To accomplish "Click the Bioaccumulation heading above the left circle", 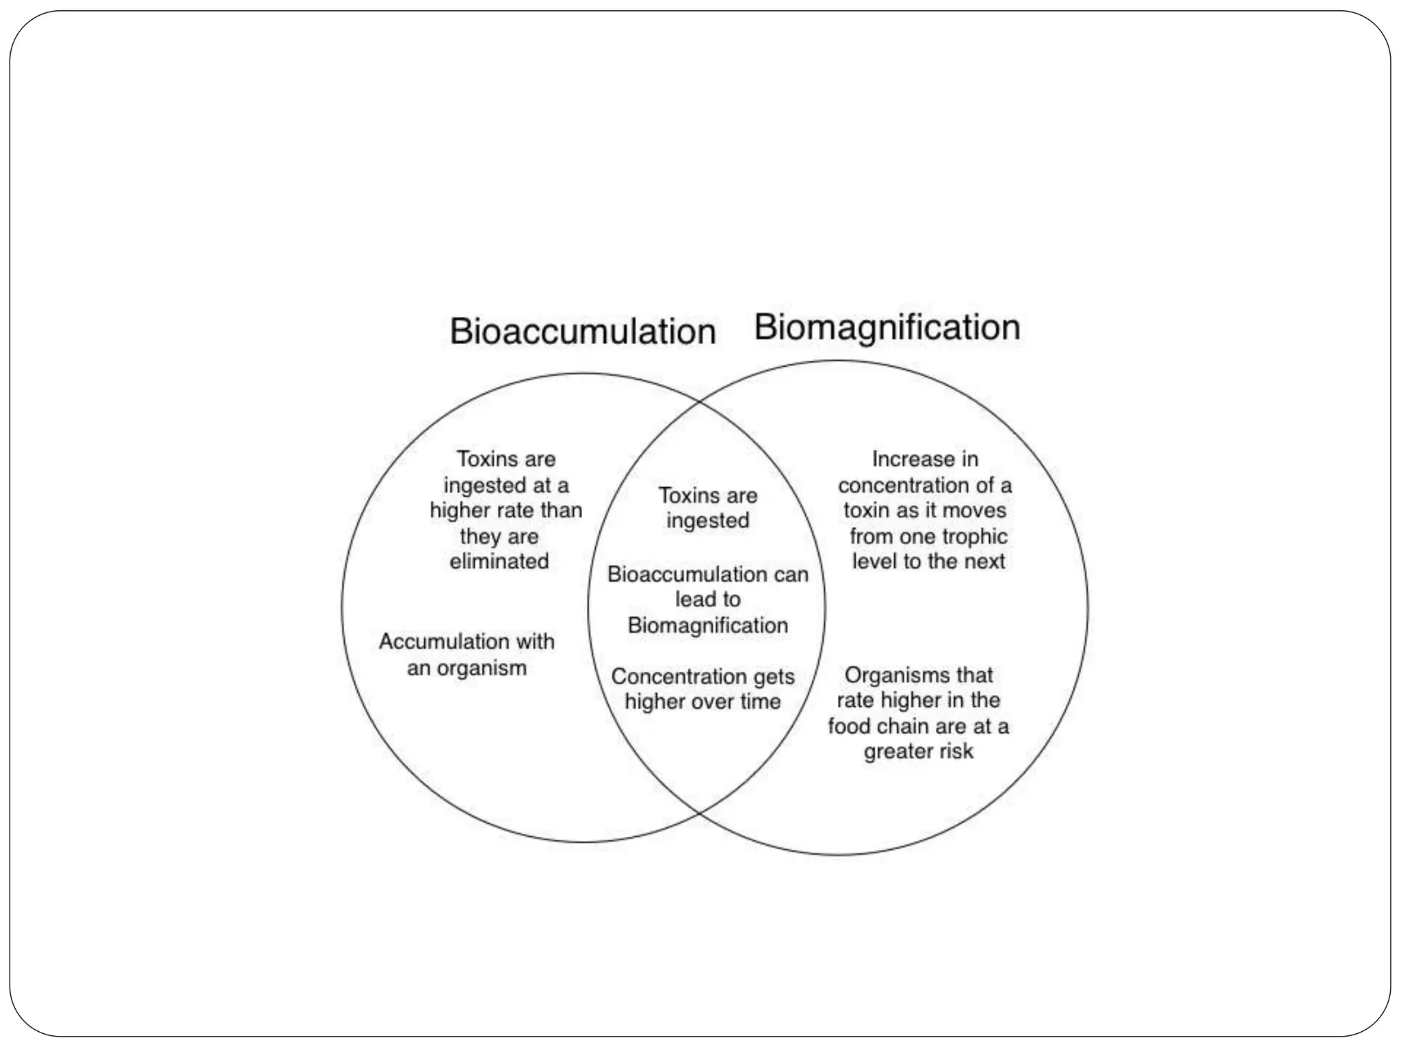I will (582, 332).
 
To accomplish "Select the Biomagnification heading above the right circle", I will (887, 328).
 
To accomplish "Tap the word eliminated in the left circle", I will (499, 561).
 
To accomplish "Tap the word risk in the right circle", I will (956, 751).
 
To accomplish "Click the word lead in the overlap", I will (692, 599).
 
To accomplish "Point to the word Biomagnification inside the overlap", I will (707, 625).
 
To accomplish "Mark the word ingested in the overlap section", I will (707, 521).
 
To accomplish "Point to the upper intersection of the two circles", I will (699, 402).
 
